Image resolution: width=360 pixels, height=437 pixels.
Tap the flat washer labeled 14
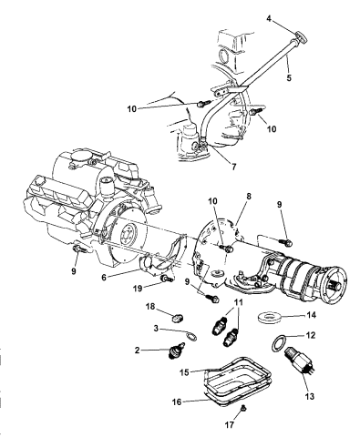pos(271,320)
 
